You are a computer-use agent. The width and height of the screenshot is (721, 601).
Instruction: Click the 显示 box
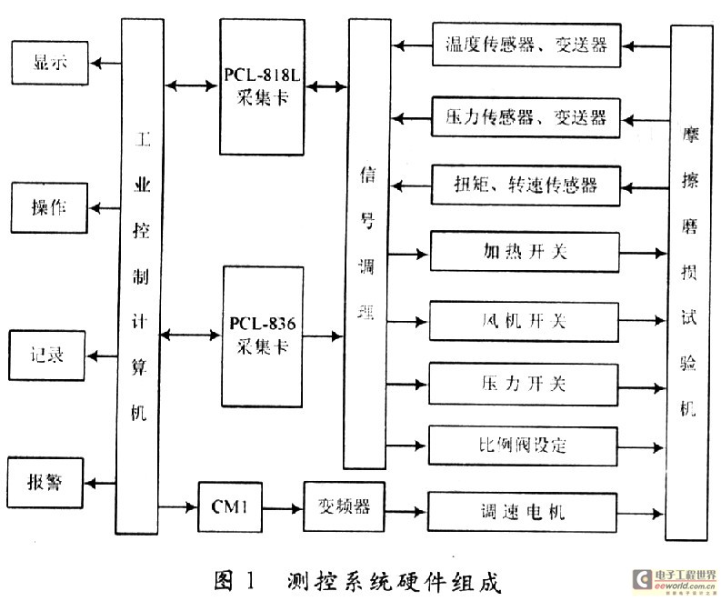click(x=49, y=64)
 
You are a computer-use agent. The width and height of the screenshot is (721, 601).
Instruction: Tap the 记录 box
click(x=49, y=355)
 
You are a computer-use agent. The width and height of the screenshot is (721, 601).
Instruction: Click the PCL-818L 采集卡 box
click(x=263, y=86)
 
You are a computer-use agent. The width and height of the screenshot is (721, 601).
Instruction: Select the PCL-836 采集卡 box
click(x=263, y=336)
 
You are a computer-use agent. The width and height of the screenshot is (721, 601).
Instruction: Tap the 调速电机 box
click(x=524, y=510)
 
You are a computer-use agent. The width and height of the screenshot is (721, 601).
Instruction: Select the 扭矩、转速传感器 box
click(x=526, y=186)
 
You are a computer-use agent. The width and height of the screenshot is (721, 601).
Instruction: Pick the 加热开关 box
click(x=524, y=252)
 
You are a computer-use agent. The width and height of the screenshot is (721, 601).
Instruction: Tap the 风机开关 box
click(x=524, y=320)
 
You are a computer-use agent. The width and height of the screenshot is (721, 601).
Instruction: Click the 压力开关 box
click(x=524, y=383)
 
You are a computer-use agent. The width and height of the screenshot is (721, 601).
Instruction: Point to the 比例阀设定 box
click(x=524, y=446)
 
